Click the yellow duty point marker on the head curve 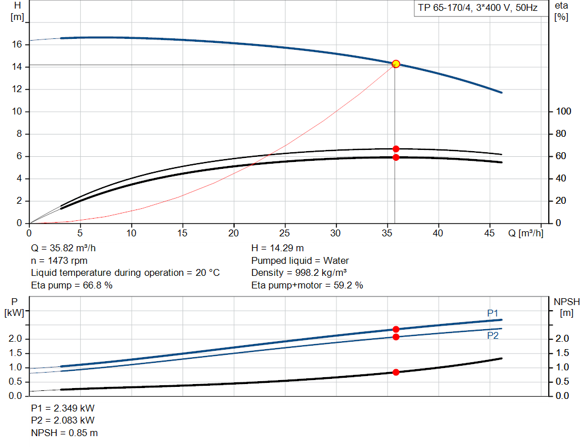coord(395,64)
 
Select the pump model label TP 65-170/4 coord(476,9)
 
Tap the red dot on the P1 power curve coord(395,329)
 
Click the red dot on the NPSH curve coord(395,372)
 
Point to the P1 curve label coord(493,313)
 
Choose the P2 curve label coord(493,336)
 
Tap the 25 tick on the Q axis coord(284,234)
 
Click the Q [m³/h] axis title coord(525,234)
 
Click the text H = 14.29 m coord(278,248)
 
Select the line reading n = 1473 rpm coord(60,260)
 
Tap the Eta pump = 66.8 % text coord(72,285)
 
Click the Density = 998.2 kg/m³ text coord(303,273)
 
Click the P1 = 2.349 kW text coord(62,409)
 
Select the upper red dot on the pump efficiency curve coord(395,149)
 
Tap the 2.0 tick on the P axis coord(16,339)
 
